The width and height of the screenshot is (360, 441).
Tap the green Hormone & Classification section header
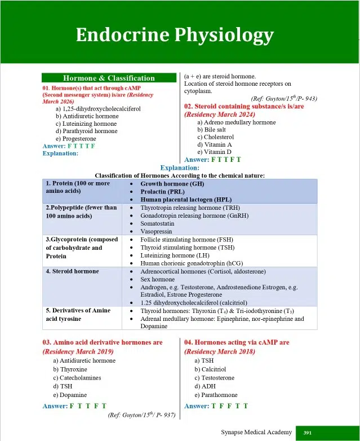tap(109, 78)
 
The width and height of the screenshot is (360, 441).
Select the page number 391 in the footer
tap(308, 433)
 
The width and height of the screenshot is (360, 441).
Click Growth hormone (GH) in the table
tap(172, 184)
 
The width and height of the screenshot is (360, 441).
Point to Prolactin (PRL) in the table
tap(164, 192)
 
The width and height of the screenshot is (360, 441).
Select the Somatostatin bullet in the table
tap(158, 223)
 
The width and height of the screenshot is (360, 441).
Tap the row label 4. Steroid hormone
tap(72, 271)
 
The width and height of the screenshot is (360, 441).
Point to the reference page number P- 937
tap(163, 416)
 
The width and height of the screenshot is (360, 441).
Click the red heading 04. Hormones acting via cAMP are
tap(237, 342)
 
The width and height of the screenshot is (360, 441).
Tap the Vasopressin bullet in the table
tap(157, 231)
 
